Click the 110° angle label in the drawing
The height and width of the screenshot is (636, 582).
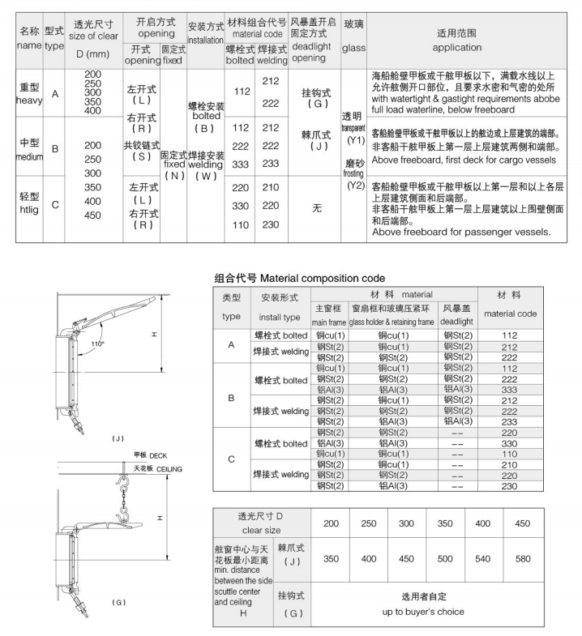(99, 344)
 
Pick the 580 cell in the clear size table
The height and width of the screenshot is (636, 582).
(523, 558)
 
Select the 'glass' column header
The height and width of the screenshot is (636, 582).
(353, 48)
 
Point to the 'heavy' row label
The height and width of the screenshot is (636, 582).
(29, 100)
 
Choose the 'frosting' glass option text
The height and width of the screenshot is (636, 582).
(353, 173)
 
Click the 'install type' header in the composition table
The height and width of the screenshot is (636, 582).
(279, 317)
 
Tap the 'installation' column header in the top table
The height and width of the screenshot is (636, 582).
(204, 41)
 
